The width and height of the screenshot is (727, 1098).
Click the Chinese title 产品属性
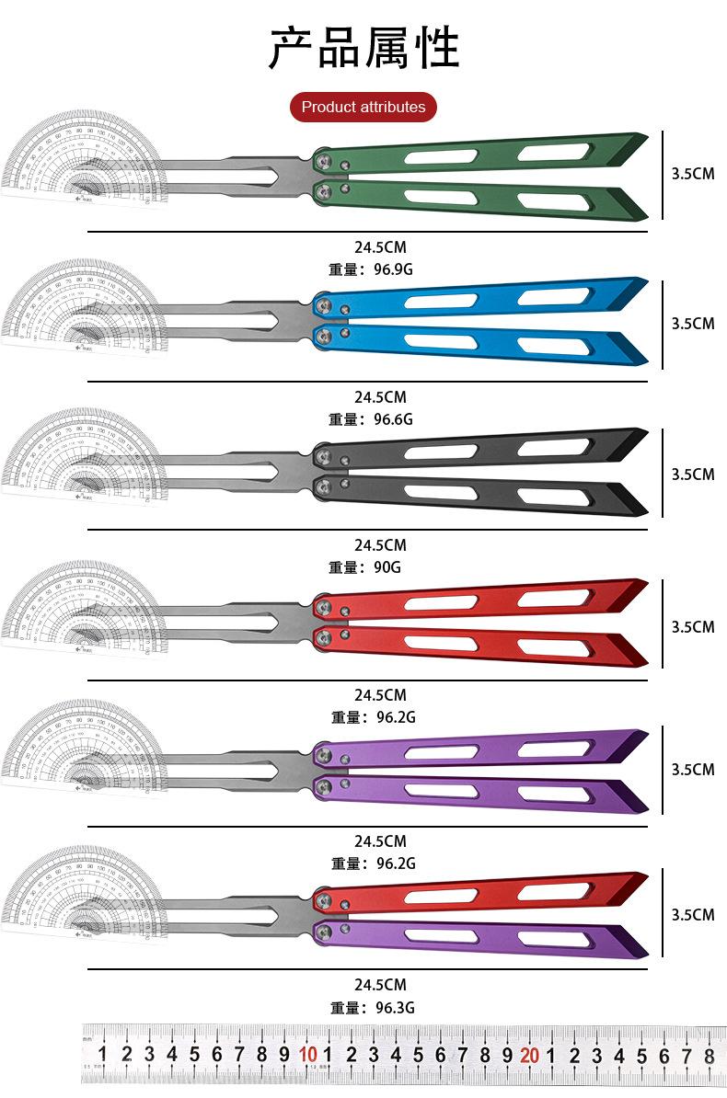click(x=363, y=48)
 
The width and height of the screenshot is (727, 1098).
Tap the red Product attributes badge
click(x=363, y=107)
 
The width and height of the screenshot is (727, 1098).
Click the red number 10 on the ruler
click(x=307, y=1055)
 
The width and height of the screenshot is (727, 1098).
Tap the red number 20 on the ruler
click(x=529, y=1055)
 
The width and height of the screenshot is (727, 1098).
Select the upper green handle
click(x=479, y=153)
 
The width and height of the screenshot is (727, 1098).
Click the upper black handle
click(x=479, y=450)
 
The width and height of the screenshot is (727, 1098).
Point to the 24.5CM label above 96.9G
click(x=380, y=247)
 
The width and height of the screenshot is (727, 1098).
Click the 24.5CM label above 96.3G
click(x=380, y=985)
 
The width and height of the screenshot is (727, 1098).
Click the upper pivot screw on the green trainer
click(x=323, y=160)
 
